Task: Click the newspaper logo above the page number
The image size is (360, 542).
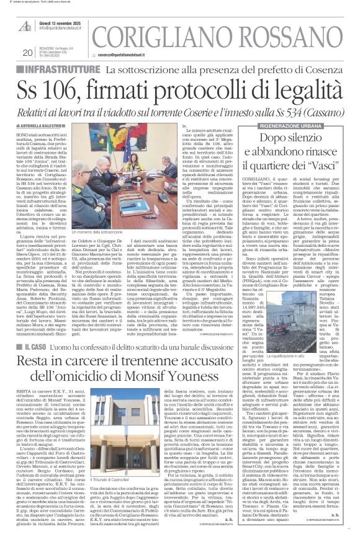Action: pos(25,25)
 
